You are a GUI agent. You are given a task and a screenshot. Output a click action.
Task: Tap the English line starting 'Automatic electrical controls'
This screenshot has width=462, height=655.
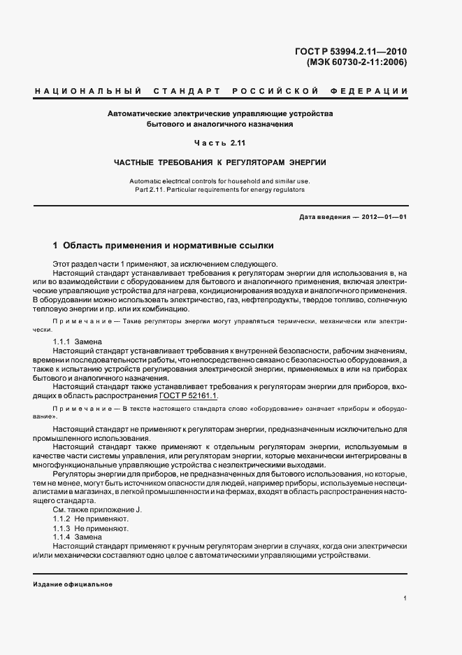pyautogui.click(x=220, y=181)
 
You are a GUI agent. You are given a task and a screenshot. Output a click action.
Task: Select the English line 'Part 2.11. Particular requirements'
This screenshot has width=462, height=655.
pyautogui.click(x=220, y=190)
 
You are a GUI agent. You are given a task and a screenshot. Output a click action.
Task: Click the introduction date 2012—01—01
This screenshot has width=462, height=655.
pyautogui.click(x=382, y=217)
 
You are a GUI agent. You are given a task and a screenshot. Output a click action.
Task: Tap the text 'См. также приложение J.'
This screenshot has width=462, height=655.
pyautogui.click(x=97, y=511)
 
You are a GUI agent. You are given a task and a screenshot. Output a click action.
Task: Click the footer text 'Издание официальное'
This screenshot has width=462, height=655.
pyautogui.click(x=73, y=584)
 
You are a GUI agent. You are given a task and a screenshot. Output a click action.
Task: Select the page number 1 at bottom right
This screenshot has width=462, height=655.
pyautogui.click(x=405, y=598)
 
